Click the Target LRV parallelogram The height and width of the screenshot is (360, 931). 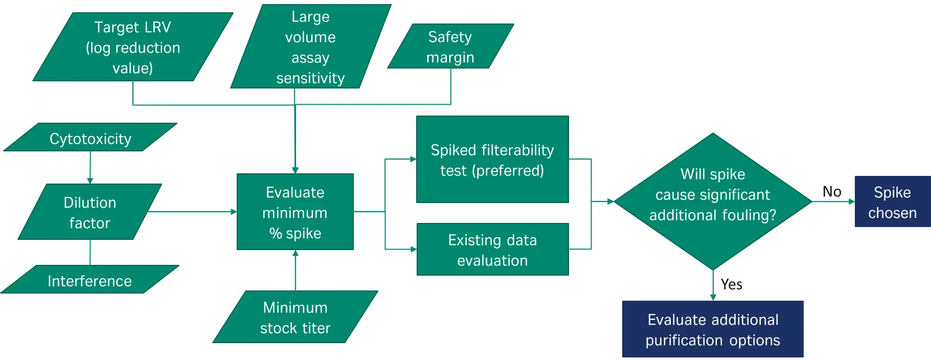[133, 47]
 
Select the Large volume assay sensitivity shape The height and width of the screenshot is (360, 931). [311, 47]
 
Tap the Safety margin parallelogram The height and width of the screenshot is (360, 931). [450, 46]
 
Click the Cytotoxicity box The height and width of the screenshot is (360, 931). [90, 138]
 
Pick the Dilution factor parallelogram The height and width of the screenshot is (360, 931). [90, 212]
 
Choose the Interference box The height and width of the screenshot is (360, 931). [90, 279]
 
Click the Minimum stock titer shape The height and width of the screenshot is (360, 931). [296, 317]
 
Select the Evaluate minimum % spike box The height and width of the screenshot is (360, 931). [295, 212]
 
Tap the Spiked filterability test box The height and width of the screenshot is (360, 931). [492, 160]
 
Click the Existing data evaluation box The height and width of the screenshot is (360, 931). [493, 250]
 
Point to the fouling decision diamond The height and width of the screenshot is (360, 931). [713, 201]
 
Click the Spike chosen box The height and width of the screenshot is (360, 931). [893, 201]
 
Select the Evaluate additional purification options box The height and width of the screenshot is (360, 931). [713, 329]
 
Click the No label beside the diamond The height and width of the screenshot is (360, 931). [832, 191]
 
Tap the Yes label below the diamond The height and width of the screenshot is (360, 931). [731, 284]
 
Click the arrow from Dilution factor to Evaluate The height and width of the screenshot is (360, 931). [192, 212]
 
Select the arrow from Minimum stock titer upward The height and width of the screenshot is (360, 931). [296, 271]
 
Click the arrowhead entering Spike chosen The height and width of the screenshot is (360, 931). [852, 201]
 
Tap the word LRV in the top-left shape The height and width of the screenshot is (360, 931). [158, 27]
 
